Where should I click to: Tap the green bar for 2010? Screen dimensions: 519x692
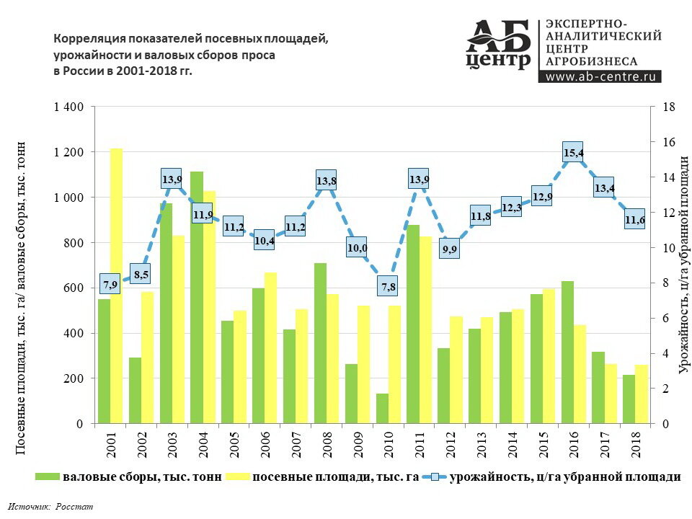pyautogui.click(x=382, y=408)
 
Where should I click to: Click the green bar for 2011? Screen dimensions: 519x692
pyautogui.click(x=413, y=324)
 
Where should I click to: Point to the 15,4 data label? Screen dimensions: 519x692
pyautogui.click(x=573, y=153)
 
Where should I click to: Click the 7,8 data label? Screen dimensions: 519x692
pyautogui.click(x=388, y=287)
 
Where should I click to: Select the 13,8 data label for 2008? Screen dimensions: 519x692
pyautogui.click(x=327, y=181)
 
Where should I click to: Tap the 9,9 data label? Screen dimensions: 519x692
pyautogui.click(x=450, y=250)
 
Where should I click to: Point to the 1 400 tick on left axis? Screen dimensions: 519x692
pyautogui.click(x=68, y=107)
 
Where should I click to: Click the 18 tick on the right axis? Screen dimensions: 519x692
pyautogui.click(x=667, y=107)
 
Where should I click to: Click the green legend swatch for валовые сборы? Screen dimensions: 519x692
pyautogui.click(x=48, y=476)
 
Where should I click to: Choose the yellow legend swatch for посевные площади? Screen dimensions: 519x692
pyautogui.click(x=239, y=476)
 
